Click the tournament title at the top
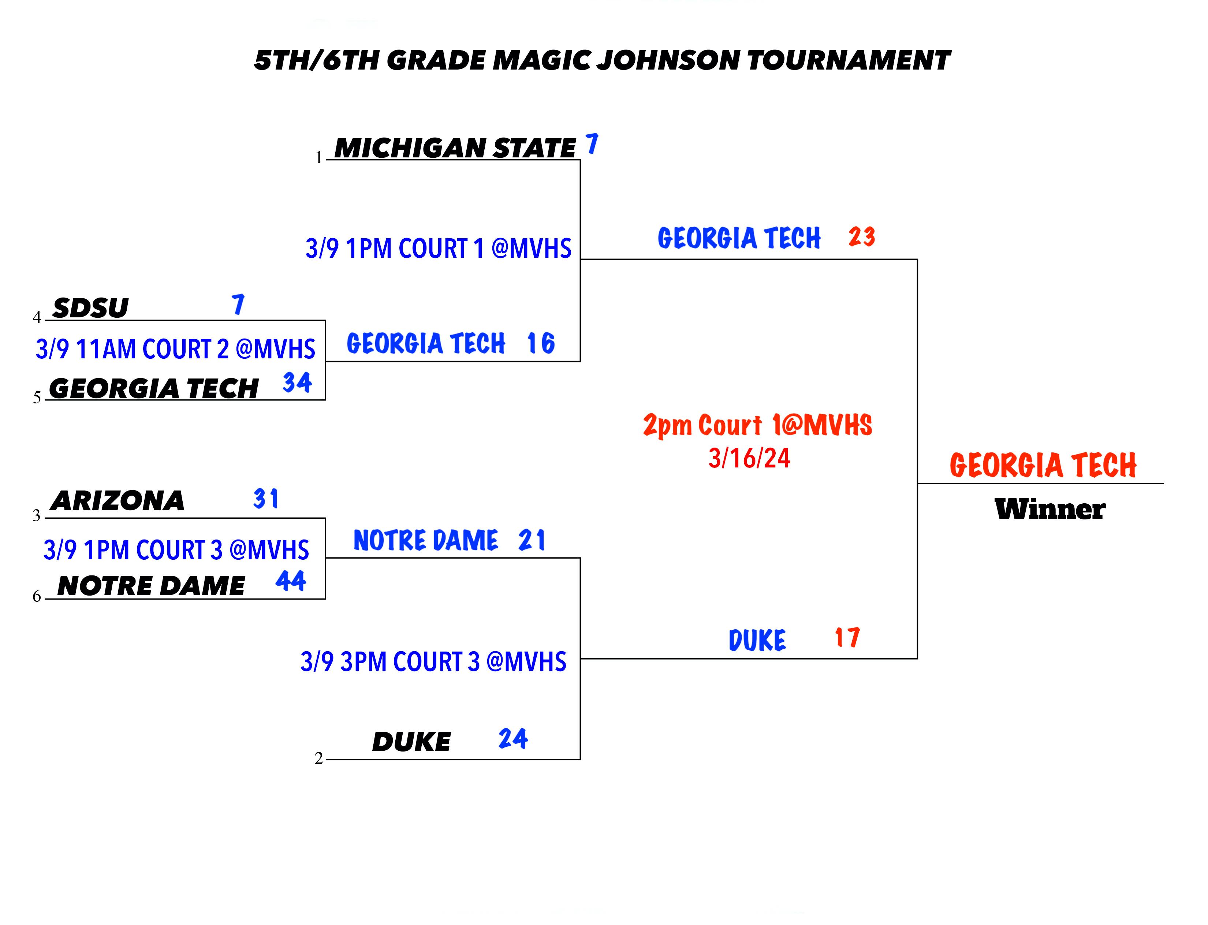pos(602,60)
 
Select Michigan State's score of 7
pos(592,144)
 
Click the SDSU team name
pos(90,308)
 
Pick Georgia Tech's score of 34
pos(297,382)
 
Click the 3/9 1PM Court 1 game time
pos(438,248)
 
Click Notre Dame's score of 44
pos(291,581)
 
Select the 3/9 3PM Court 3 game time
pos(433,662)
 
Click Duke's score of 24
pos(513,738)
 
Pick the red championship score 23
pos(862,237)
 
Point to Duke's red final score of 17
pos(847,638)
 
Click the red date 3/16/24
pos(749,458)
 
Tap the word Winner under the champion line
pos(1050,509)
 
